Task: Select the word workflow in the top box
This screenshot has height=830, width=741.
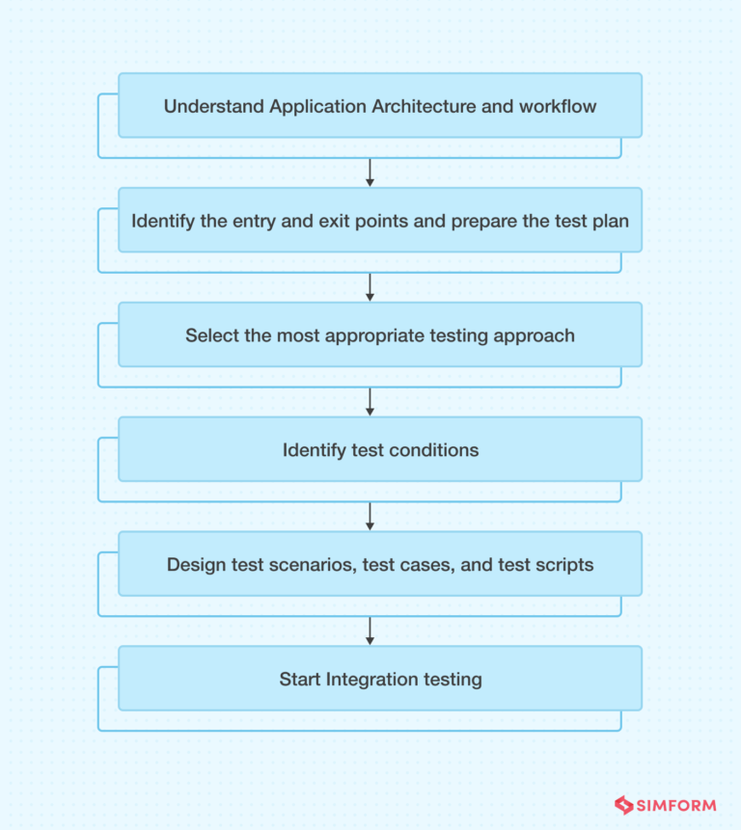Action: [x=558, y=106]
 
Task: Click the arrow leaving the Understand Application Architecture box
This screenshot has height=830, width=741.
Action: [x=370, y=173]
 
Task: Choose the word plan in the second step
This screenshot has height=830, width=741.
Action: [x=610, y=221]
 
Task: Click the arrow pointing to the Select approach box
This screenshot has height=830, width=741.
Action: [x=370, y=287]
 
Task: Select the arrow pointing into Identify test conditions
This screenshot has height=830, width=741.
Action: [x=370, y=402]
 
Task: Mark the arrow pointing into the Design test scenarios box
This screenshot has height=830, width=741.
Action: [x=370, y=517]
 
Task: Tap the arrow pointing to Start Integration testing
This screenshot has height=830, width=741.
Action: [x=370, y=631]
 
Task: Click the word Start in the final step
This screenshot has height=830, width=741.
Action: [x=300, y=680]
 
